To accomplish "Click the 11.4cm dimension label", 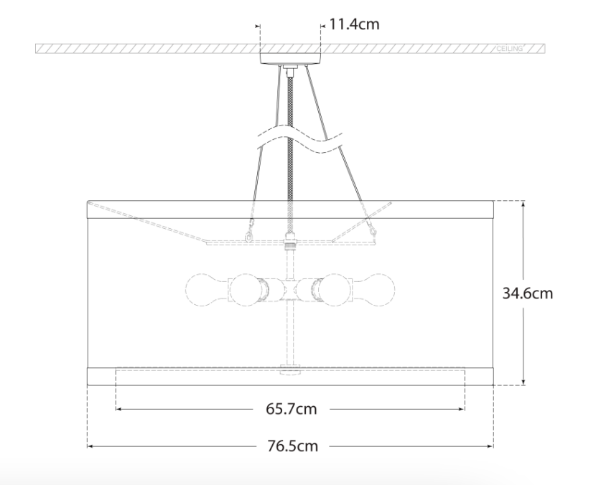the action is (x=354, y=24).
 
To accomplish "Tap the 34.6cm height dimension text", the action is (x=528, y=293).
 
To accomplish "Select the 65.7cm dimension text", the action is (x=291, y=409).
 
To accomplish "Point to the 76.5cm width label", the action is (x=292, y=446).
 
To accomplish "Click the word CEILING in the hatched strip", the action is (x=509, y=49).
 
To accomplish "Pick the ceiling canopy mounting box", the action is (x=290, y=59).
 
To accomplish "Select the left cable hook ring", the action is (x=249, y=236).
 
